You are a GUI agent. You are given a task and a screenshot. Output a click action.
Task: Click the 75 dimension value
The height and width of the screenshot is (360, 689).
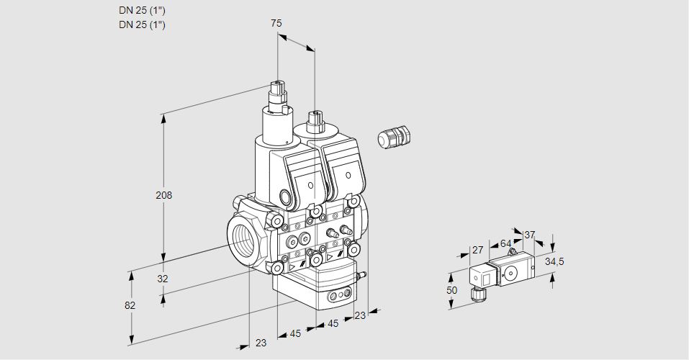click(x=276, y=24)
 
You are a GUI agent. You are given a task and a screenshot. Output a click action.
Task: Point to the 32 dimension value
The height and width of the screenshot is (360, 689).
click(x=163, y=279)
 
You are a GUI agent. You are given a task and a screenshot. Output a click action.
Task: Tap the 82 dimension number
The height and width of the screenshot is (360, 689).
click(x=130, y=305)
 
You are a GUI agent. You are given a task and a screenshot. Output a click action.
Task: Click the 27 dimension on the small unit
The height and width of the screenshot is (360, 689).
click(x=477, y=250)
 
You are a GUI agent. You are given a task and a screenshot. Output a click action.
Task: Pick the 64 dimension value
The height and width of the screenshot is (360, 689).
click(x=505, y=243)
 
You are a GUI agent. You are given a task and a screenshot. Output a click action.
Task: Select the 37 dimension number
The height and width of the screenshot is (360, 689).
click(x=529, y=235)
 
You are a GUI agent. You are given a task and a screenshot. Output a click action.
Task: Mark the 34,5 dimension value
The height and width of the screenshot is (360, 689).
click(x=554, y=261)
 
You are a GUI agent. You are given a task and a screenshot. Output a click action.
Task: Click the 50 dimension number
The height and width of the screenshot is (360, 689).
click(x=451, y=289)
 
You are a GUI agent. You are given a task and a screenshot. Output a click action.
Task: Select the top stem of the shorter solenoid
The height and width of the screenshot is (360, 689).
click(x=315, y=120)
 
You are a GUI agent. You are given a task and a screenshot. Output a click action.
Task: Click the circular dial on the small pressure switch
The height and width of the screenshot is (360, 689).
click(x=511, y=273)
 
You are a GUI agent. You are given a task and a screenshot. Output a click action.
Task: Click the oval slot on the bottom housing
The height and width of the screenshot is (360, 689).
click(x=338, y=296)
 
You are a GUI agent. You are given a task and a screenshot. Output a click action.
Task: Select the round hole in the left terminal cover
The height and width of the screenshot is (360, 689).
click(x=311, y=186)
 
